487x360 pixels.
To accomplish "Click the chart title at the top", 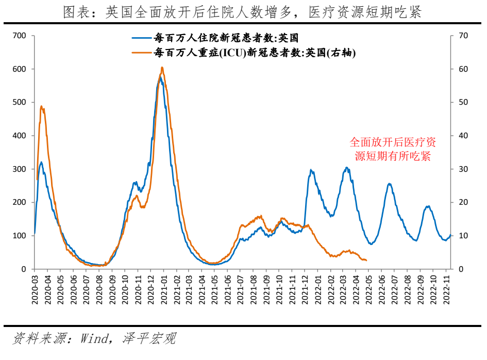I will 243,12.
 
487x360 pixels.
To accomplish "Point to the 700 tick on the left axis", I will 19,36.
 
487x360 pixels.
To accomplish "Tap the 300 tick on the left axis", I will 19,169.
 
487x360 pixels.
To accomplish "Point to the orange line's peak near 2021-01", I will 162,68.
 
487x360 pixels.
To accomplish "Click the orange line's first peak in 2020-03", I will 41,106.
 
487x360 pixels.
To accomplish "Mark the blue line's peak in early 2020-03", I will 41,162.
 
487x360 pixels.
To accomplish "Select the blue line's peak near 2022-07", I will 389,184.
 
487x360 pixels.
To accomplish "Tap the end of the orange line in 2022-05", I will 366,260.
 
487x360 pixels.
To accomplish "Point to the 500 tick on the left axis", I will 19,103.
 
